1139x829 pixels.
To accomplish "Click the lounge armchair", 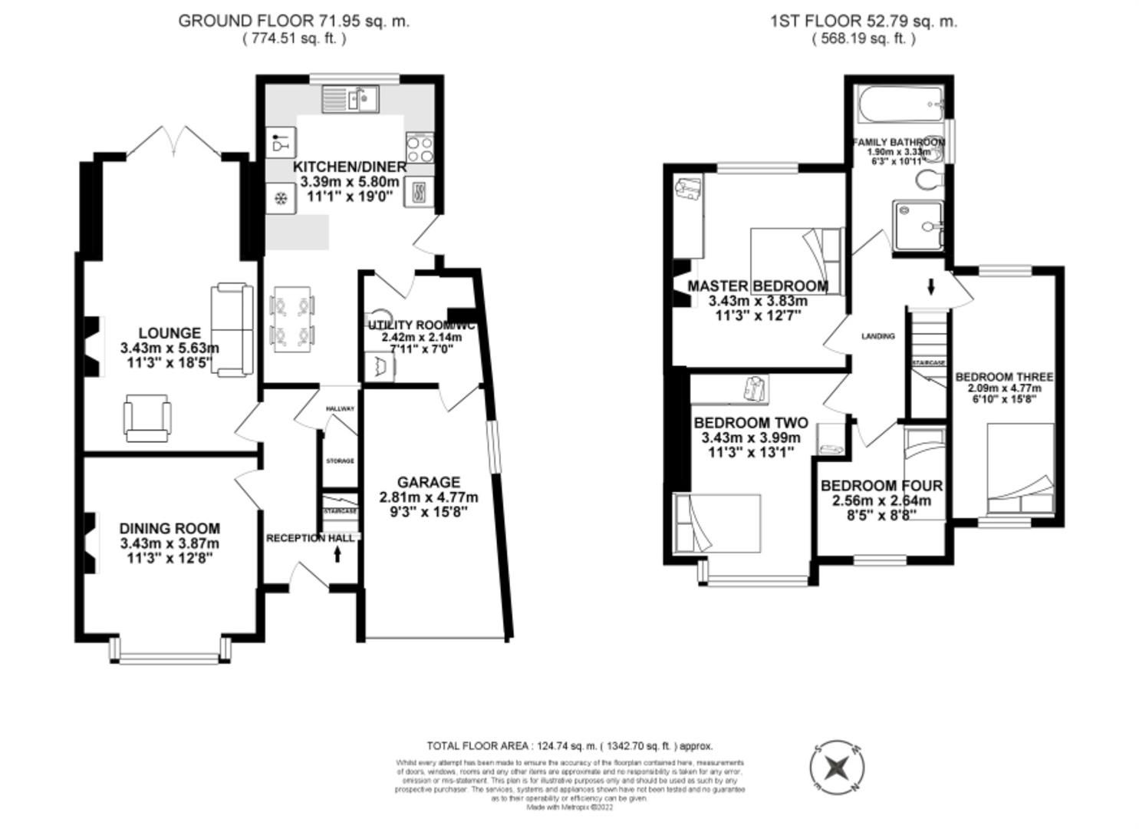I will click(146, 418).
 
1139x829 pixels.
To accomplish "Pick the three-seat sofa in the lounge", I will click(232, 330).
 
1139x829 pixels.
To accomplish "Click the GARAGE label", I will click(428, 482).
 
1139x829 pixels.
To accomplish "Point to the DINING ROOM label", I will click(170, 528).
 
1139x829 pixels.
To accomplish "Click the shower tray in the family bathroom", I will click(919, 226).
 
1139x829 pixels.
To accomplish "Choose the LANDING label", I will click(877, 336).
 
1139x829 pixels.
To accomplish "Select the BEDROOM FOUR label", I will click(881, 486).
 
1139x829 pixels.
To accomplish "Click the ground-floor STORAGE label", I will click(340, 461).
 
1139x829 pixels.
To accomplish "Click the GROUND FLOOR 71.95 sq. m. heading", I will click(294, 21).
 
